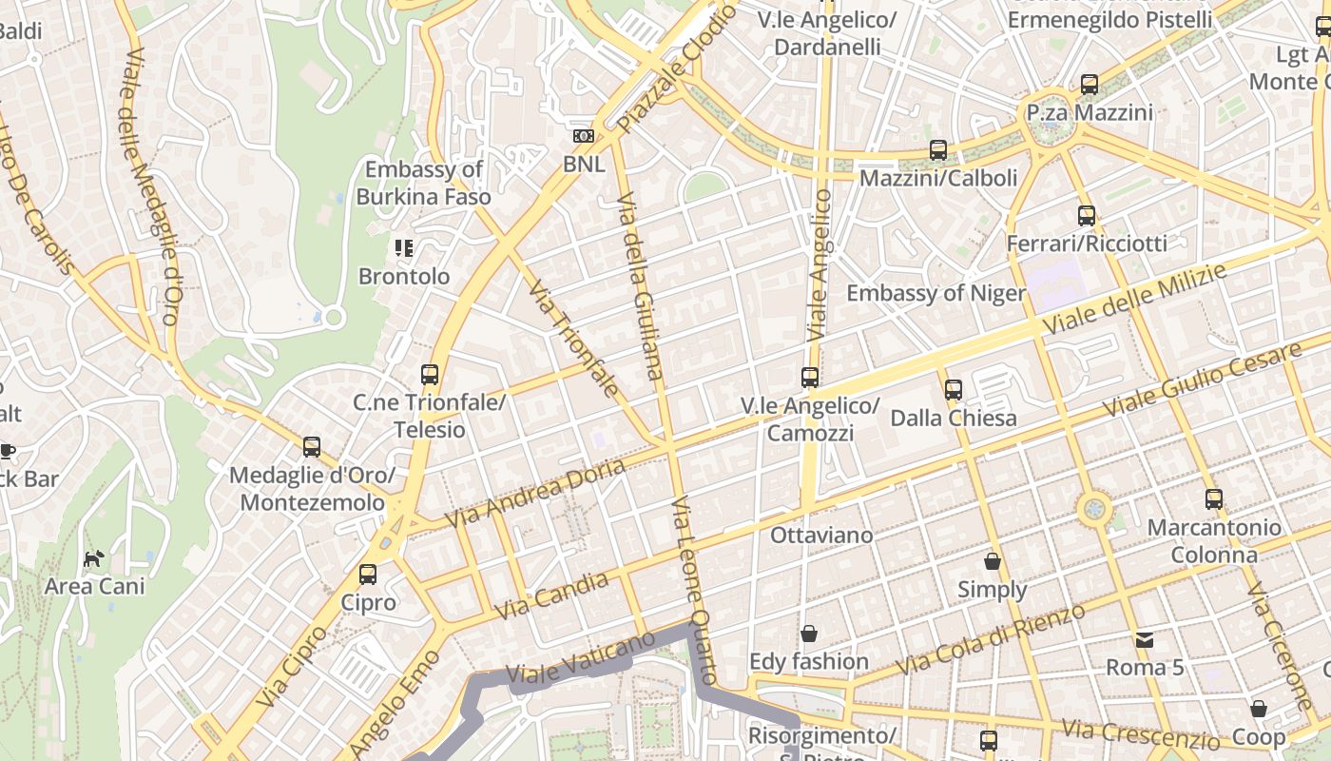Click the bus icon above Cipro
[x=368, y=575]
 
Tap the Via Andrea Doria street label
[x=534, y=493]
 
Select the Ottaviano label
[x=821, y=536]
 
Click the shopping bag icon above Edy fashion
[x=809, y=634]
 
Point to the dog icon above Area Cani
[x=93, y=558]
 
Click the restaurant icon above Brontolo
[x=404, y=248]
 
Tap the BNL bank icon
[x=584, y=137]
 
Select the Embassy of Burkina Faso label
[x=424, y=183]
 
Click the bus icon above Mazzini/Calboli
[x=938, y=150]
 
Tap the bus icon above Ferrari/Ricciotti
[x=1087, y=216]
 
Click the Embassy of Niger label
[x=936, y=293]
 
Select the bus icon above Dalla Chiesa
[x=954, y=390]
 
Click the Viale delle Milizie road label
[x=1134, y=299]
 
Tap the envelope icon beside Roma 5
[x=1145, y=640]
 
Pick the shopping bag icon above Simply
[x=993, y=562]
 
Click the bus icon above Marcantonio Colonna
[x=1214, y=499]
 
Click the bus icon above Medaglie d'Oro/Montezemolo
[x=312, y=447]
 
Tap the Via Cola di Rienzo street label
[x=991, y=639]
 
